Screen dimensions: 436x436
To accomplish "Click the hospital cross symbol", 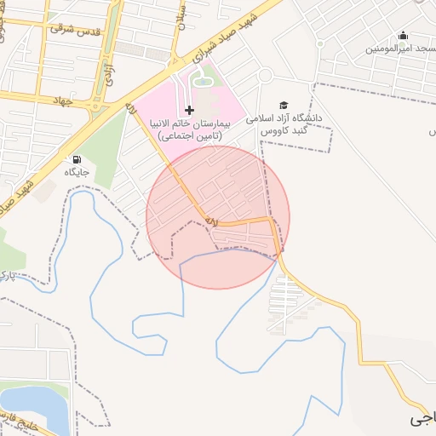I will pyautogui.click(x=189, y=110).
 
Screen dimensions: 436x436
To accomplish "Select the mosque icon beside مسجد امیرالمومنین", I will pyautogui.click(x=403, y=36).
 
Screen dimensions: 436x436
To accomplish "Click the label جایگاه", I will pyautogui.click(x=77, y=172).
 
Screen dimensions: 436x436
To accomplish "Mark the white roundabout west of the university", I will pyautogui.click(x=266, y=76).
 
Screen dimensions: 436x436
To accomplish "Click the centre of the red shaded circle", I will pyautogui.click(x=218, y=217).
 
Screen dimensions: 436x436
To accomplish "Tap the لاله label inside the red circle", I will pyautogui.click(x=211, y=221).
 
